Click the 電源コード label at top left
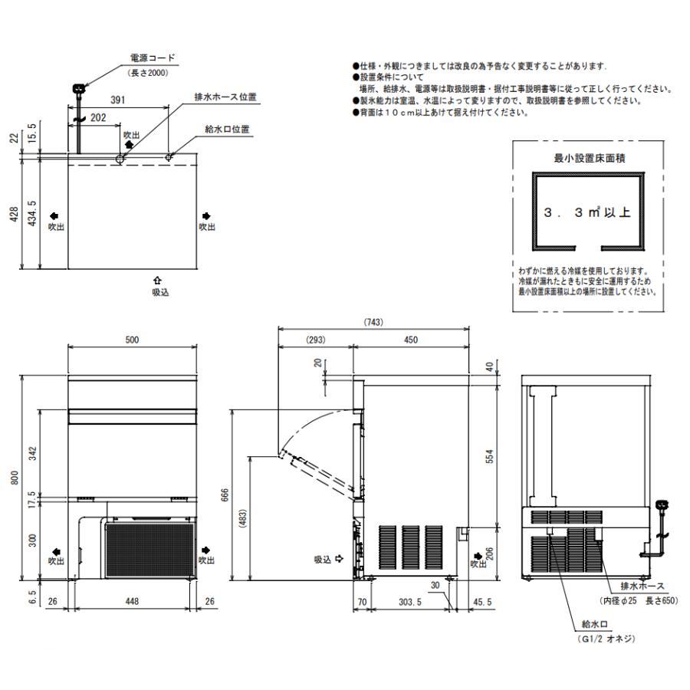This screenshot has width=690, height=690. [x=153, y=58]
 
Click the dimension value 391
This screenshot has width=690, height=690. [x=118, y=100]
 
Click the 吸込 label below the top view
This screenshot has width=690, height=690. [x=159, y=293]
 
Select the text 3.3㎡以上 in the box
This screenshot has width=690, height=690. [x=586, y=212]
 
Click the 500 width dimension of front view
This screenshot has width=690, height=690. [x=133, y=340]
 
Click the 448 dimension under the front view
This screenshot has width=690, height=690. [x=133, y=603]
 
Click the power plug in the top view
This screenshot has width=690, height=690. [x=77, y=90]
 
